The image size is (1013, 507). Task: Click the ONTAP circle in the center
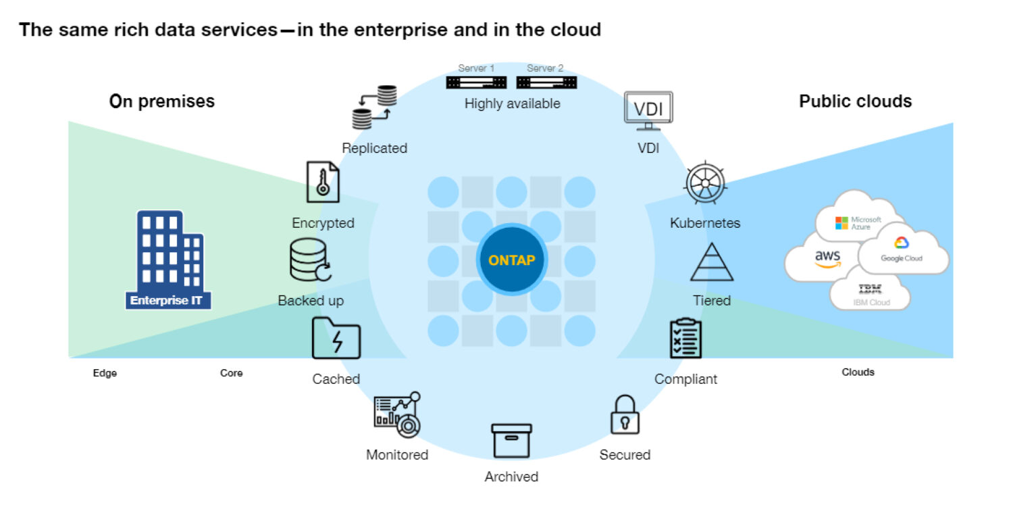click(x=511, y=260)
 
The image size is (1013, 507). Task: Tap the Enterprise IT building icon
click(x=168, y=260)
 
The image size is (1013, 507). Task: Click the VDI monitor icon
click(x=648, y=112)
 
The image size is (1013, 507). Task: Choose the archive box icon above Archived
click(x=511, y=440)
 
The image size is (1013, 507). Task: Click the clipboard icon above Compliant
click(x=685, y=338)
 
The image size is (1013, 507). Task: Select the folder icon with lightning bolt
click(x=336, y=338)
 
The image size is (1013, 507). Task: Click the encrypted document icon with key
click(x=322, y=182)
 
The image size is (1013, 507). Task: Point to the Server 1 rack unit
click(x=476, y=82)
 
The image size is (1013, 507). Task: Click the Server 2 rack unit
click(x=546, y=82)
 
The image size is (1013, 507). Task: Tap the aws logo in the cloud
click(x=827, y=258)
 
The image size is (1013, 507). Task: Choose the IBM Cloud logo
click(x=870, y=295)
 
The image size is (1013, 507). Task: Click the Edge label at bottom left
click(x=105, y=373)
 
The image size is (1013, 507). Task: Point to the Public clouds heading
click(x=855, y=101)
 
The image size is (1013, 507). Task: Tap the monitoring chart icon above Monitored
click(x=397, y=413)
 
